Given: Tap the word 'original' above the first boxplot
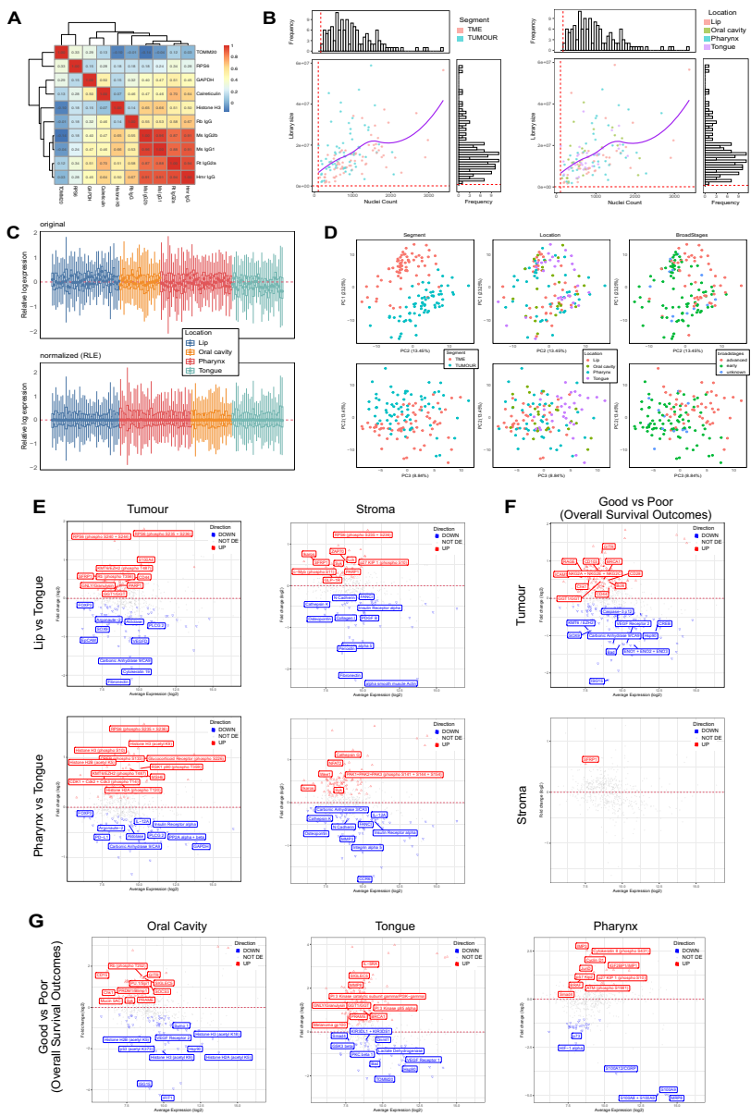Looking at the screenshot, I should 53,222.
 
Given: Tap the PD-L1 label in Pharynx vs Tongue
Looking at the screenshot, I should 103,836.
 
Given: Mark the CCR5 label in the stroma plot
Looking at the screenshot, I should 364,878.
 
